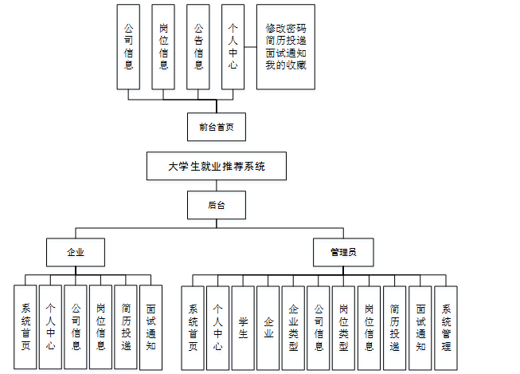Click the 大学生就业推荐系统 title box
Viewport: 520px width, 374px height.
(x=216, y=167)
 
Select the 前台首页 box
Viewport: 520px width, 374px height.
(x=217, y=126)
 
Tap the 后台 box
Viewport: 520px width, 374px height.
(x=217, y=205)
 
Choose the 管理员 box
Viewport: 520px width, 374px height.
(x=342, y=251)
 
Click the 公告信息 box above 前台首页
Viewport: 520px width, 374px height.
(x=198, y=47)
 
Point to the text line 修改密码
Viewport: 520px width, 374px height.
(x=285, y=27)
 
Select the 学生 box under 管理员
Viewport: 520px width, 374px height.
(x=243, y=327)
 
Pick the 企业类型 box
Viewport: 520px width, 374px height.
(x=293, y=327)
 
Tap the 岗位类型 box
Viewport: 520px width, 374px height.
(x=343, y=327)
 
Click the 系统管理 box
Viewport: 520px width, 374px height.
(x=446, y=327)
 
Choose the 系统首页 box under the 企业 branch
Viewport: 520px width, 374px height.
(x=25, y=327)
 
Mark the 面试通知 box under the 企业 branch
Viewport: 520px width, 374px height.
(x=151, y=327)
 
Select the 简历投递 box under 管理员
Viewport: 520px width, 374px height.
(x=395, y=327)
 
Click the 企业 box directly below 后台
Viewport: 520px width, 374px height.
(x=75, y=251)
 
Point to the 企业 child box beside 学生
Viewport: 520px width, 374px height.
(x=268, y=327)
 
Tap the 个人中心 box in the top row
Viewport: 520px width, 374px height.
(x=233, y=47)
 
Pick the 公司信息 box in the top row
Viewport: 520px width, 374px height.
(x=128, y=47)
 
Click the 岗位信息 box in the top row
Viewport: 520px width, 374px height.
(x=163, y=47)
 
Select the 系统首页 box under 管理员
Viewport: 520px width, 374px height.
(x=193, y=327)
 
